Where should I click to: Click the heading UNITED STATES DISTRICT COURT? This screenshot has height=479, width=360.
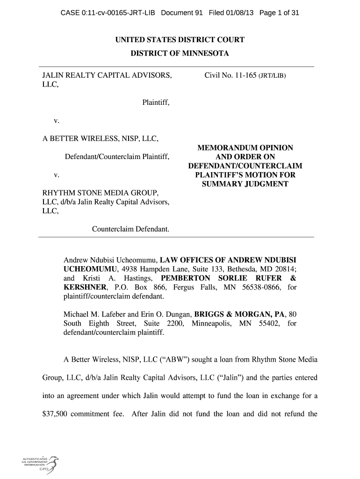tap(180, 40)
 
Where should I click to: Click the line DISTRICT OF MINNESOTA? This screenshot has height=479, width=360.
tap(180, 54)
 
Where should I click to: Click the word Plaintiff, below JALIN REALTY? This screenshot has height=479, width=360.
tap(156, 102)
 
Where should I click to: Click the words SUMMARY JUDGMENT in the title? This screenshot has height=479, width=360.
tap(245, 184)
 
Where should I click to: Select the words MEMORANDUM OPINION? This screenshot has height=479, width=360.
tap(245, 148)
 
